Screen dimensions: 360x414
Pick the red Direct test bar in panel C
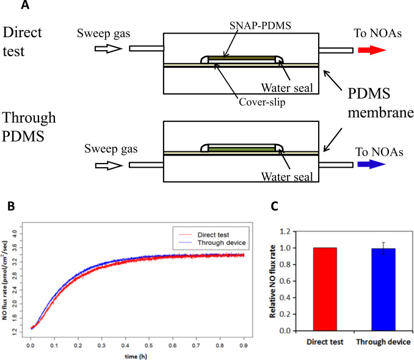tap(317, 289)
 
